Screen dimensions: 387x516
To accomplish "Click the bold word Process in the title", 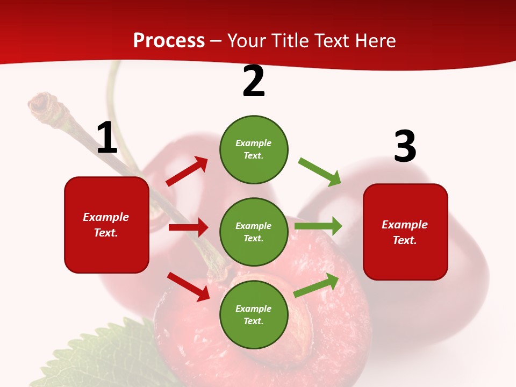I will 169,41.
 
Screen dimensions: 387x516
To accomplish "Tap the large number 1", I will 107,138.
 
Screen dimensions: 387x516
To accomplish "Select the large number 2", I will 254,82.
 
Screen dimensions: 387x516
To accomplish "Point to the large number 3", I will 405,146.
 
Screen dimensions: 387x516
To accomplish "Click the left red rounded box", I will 106,225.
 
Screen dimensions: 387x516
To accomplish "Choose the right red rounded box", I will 405,232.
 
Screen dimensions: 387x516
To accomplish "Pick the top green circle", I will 254,149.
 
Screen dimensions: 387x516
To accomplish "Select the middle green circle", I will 254,232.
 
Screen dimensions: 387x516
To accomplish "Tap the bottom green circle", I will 254,314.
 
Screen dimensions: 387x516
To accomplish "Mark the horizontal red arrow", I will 188,227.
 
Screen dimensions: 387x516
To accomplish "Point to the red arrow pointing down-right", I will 188,286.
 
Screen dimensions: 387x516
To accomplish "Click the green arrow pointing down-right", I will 320,172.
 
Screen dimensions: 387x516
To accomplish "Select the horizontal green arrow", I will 318,226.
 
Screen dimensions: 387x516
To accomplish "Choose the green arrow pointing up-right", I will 317,285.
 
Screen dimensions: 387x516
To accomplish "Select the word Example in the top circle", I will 254,143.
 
